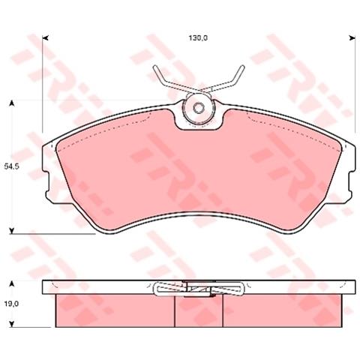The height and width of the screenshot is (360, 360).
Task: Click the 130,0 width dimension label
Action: [x=198, y=38]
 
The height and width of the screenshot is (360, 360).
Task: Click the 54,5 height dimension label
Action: [x=12, y=166]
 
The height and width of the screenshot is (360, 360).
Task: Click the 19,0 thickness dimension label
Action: [x=11, y=304]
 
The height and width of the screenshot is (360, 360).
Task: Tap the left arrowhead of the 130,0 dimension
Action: [x=45, y=38]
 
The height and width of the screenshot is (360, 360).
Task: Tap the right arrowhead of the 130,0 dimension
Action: [x=352, y=38]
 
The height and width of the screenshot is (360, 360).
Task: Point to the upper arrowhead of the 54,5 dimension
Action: [x=11, y=103]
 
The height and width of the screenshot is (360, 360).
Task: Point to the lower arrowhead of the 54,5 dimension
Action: [x=11, y=231]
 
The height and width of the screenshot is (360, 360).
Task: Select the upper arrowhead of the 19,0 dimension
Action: [x=11, y=283]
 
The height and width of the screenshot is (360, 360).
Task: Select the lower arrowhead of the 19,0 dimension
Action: [x=11, y=324]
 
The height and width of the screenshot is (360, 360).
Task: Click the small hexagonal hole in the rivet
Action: [x=199, y=108]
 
